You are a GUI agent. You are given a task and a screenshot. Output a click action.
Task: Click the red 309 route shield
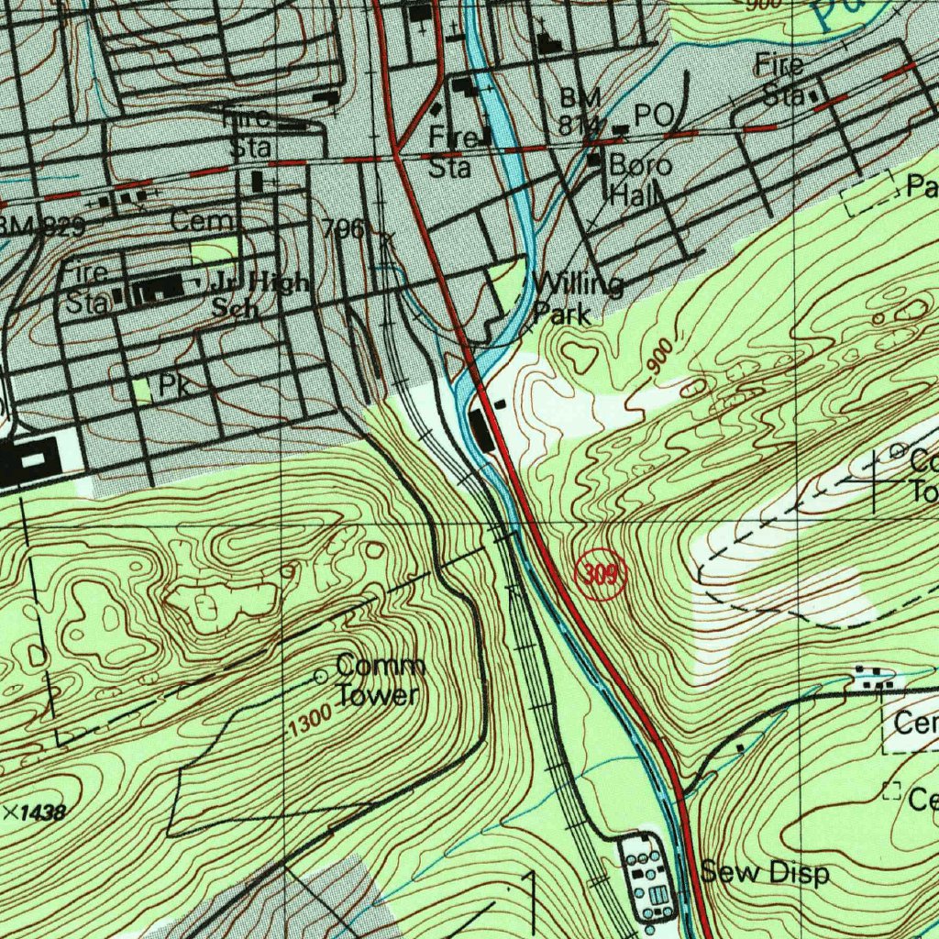coord(601,576)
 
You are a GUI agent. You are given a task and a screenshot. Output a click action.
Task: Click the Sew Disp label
coord(765,873)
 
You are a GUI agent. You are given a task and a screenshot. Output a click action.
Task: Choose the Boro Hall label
coord(640,180)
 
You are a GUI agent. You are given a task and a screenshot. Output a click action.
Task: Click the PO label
coord(654,116)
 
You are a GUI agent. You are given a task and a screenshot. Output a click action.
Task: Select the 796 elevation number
coord(344,229)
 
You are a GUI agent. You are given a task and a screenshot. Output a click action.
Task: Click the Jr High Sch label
coord(260,294)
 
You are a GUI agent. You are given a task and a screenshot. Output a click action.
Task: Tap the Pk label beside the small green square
coord(173,386)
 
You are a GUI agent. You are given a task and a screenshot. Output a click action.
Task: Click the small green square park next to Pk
coord(142,390)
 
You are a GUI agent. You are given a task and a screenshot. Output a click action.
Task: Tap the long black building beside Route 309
coord(481,430)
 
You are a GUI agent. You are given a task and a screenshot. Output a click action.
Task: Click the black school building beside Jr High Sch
coord(160,292)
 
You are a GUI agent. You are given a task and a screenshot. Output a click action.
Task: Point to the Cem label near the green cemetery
coord(204,222)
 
